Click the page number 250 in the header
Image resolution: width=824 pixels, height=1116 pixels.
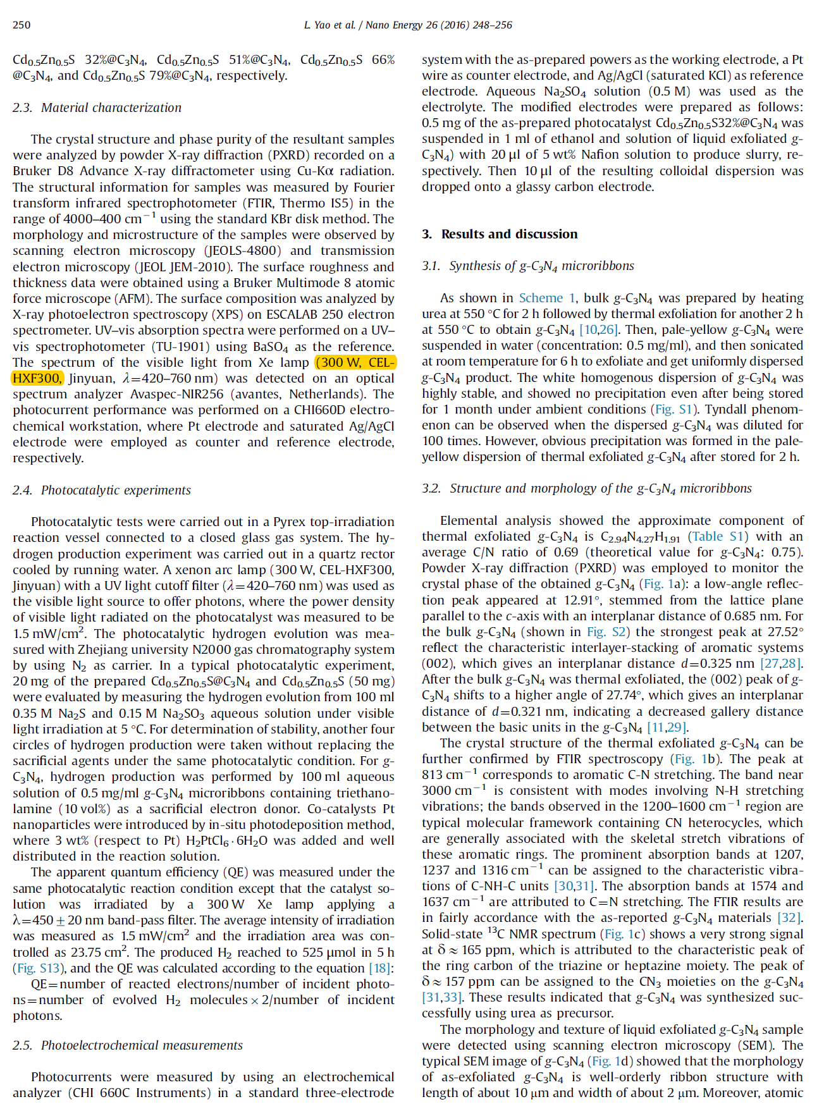coord(22,25)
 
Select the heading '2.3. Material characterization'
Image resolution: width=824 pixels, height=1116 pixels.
coord(97,108)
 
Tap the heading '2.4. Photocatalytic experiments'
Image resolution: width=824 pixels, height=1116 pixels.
coord(101,491)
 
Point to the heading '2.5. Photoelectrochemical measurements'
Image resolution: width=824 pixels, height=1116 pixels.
coord(127,1046)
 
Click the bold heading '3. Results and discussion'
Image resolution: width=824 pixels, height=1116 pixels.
coord(500,235)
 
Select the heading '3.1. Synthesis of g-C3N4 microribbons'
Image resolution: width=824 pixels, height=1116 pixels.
coord(528,266)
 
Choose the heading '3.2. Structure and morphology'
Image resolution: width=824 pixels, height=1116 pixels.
coord(587,489)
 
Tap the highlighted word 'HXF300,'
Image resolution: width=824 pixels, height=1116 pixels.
coord(37,379)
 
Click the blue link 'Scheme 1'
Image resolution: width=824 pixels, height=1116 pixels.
coord(547,298)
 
